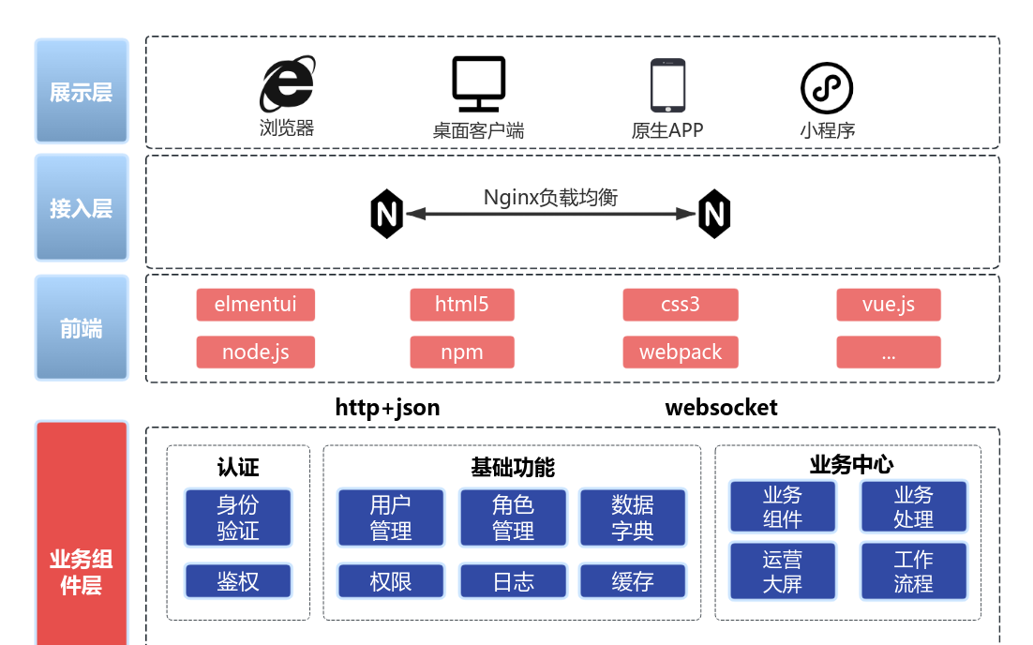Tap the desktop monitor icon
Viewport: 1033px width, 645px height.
click(x=478, y=83)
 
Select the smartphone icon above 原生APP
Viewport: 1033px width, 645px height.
click(x=667, y=85)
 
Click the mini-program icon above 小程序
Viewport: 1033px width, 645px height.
click(x=827, y=88)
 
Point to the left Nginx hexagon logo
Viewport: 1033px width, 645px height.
click(x=386, y=214)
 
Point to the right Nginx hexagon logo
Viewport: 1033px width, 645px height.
click(x=714, y=214)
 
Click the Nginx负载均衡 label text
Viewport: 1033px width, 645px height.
click(x=550, y=197)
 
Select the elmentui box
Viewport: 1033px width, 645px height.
click(x=255, y=305)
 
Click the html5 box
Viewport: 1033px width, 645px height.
click(x=462, y=305)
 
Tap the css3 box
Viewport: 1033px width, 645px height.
click(x=681, y=305)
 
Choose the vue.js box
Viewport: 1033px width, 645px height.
click(x=888, y=305)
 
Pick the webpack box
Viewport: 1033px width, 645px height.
click(x=681, y=352)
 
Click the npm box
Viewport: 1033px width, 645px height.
click(x=462, y=352)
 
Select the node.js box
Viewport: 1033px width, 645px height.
click(x=255, y=352)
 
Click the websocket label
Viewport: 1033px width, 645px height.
click(x=721, y=408)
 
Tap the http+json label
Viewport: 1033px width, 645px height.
click(x=387, y=408)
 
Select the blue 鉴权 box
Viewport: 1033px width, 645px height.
click(x=238, y=581)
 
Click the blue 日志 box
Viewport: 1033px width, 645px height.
click(x=513, y=581)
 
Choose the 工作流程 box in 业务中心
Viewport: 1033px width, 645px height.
click(x=913, y=572)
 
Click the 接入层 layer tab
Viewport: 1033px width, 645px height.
click(x=82, y=208)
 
